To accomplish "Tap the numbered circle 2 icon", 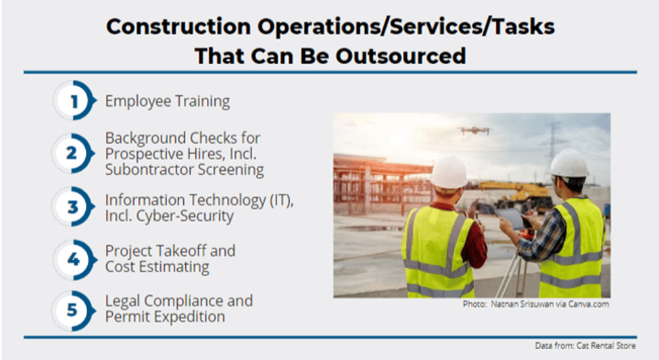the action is (x=73, y=153).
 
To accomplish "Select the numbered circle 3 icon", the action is (x=73, y=207).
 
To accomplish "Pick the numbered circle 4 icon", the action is (x=74, y=259).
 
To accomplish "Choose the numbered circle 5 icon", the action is (x=73, y=311).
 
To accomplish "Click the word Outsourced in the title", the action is (x=401, y=56).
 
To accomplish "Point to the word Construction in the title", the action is (x=178, y=26).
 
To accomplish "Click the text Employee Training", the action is (x=167, y=102).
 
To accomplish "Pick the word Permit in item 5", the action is (x=125, y=317).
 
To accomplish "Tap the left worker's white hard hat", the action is (x=448, y=172).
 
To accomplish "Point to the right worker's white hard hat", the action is (x=569, y=163).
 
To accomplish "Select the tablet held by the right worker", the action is (x=510, y=218).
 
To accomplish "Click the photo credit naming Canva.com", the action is (x=536, y=304).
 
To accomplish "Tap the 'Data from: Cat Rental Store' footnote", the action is (x=585, y=346).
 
